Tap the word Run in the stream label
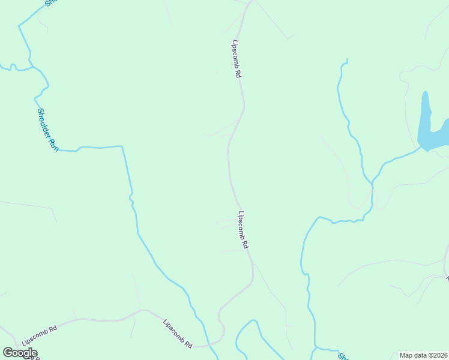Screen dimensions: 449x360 point(53,143)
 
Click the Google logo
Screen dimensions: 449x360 point(20,353)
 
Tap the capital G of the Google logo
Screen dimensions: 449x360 point(8,353)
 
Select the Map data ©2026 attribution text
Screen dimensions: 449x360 point(423,355)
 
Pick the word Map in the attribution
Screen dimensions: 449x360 point(406,355)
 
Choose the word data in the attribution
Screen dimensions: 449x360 point(420,355)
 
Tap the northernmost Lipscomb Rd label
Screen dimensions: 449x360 point(237,59)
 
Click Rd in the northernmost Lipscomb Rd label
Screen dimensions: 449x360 point(238,74)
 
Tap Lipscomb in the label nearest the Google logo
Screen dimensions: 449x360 point(35,338)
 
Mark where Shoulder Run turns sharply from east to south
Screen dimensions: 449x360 point(122,146)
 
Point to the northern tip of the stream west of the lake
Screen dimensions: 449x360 point(346,61)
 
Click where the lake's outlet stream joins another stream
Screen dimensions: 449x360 point(373,182)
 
